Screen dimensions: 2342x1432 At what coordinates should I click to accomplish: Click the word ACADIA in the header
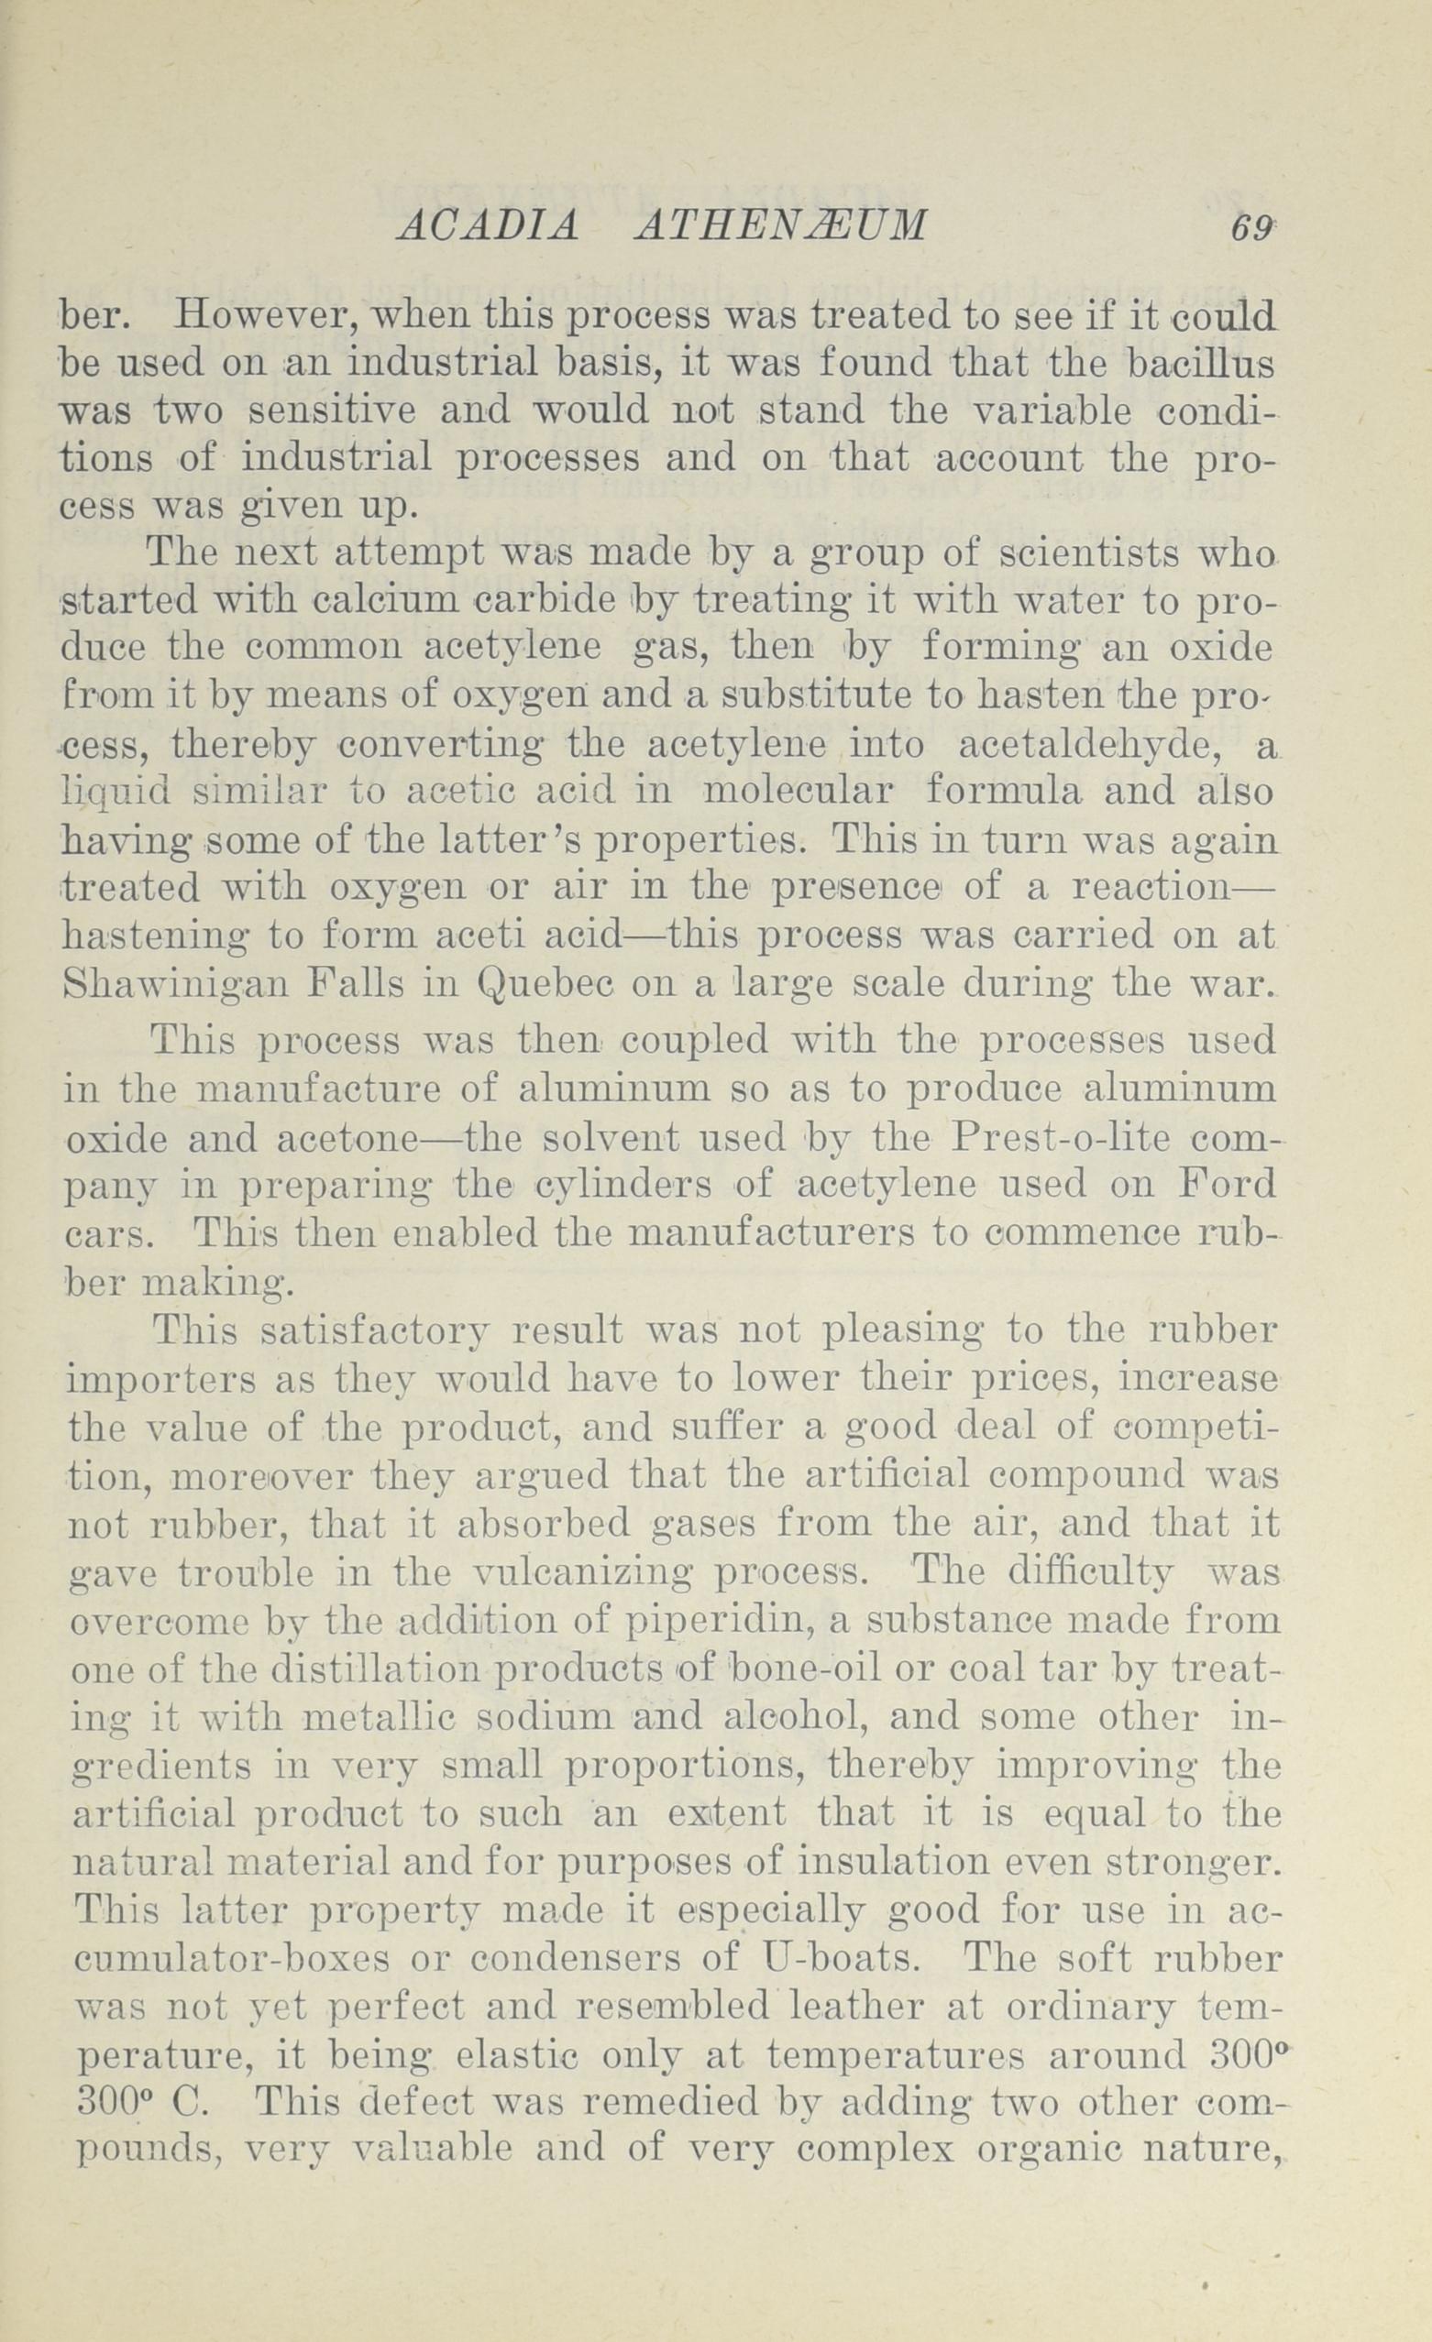point(486,227)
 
